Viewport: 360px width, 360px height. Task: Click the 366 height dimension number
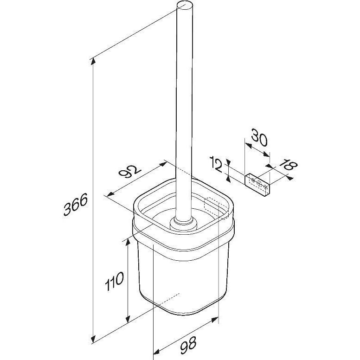tap(76, 204)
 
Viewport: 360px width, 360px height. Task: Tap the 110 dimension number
tap(114, 281)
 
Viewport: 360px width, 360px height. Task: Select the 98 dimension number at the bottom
tap(188, 345)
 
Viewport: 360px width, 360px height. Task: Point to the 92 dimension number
tap(130, 171)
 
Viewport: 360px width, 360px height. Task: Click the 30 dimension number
tap(259, 137)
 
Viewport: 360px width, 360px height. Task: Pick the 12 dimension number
tap(216, 164)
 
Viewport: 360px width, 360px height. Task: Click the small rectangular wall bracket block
tap(257, 185)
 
